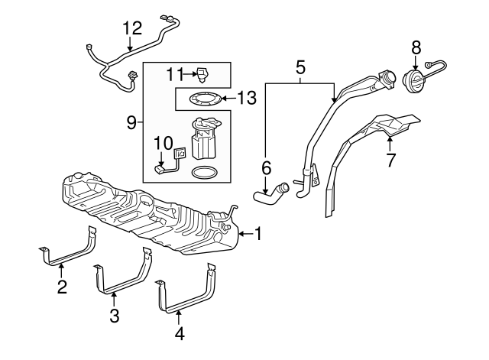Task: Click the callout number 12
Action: coord(132,28)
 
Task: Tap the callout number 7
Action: coord(390,160)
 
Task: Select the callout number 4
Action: coord(179,334)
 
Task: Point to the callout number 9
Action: coord(132,123)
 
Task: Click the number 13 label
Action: coord(248,98)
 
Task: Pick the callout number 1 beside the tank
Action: coord(258,234)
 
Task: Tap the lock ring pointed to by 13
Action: coord(206,99)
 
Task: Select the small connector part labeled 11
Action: coord(202,76)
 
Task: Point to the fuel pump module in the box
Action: coord(205,138)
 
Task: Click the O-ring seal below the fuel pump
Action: coord(204,173)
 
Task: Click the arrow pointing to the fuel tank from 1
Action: coord(246,234)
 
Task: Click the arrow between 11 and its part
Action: coord(189,74)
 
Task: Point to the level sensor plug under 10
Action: coord(160,169)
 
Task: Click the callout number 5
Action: coord(300,68)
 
